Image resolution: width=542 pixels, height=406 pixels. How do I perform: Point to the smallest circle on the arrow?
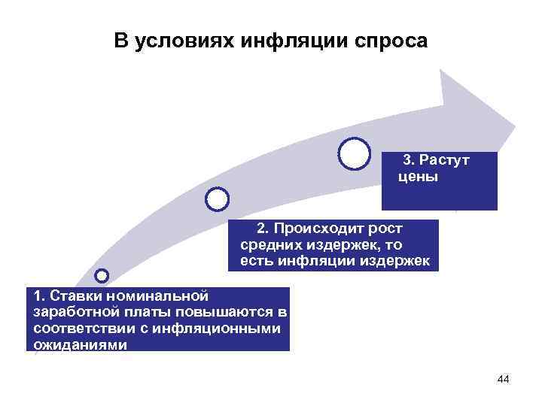tap(102, 276)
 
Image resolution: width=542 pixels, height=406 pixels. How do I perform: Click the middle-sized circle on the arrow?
tap(217, 198)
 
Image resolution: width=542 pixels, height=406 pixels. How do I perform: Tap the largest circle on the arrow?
tap(355, 153)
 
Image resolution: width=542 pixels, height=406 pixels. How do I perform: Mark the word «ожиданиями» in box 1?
tap(80, 345)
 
